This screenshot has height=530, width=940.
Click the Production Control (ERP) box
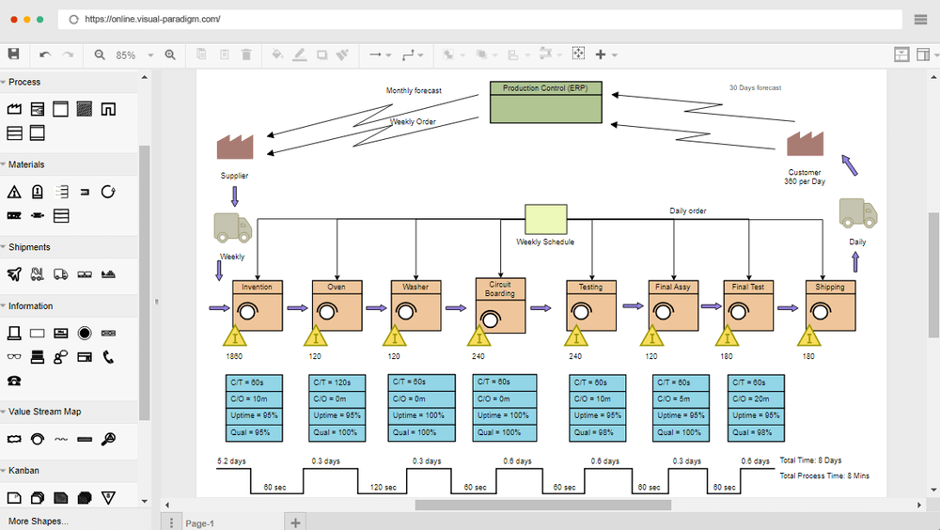pyautogui.click(x=545, y=102)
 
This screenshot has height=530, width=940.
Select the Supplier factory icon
pyautogui.click(x=235, y=148)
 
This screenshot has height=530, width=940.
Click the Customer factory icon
pyautogui.click(x=805, y=143)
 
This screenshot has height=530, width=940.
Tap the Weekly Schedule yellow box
pyautogui.click(x=545, y=219)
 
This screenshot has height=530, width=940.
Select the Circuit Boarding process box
pyautogui.click(x=500, y=305)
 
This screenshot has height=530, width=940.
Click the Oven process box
pyautogui.click(x=337, y=305)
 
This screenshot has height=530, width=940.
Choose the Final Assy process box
pyautogui.click(x=673, y=305)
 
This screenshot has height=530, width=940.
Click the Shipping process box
pyautogui.click(x=830, y=305)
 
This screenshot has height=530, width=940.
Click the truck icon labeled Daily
pyautogui.click(x=857, y=214)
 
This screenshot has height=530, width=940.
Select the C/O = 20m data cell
pyautogui.click(x=756, y=399)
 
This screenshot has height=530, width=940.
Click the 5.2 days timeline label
pyautogui.click(x=232, y=461)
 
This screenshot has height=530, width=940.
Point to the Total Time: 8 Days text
pyautogui.click(x=810, y=460)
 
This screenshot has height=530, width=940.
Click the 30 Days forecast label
pyautogui.click(x=755, y=88)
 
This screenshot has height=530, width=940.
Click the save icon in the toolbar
pyautogui.click(x=13, y=55)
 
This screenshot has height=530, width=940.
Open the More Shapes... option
pyautogui.click(x=38, y=521)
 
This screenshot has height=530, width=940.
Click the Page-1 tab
pyautogui.click(x=200, y=523)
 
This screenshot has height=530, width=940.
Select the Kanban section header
pyautogui.click(x=24, y=470)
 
